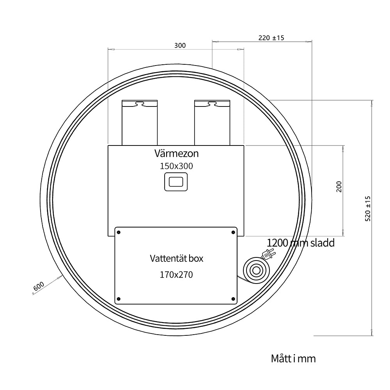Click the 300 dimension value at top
click(x=180, y=46)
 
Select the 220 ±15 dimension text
click(x=271, y=38)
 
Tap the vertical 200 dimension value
click(x=339, y=186)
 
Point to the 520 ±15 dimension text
click(x=368, y=209)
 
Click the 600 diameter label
click(x=39, y=287)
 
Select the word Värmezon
click(x=176, y=153)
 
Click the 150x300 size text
click(x=176, y=166)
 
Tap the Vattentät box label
click(x=176, y=259)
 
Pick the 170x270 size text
click(x=176, y=275)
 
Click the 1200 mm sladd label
click(x=300, y=243)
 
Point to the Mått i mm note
click(x=293, y=359)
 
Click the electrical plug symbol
click(x=268, y=255)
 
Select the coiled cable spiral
click(x=257, y=270)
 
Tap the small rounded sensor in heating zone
click(x=176, y=182)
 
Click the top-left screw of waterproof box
click(x=119, y=232)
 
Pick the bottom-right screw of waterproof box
click(x=233, y=299)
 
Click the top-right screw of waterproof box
click(x=233, y=232)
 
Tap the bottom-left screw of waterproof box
click(x=119, y=299)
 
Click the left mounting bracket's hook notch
click(x=140, y=103)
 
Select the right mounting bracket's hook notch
click(x=212, y=103)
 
